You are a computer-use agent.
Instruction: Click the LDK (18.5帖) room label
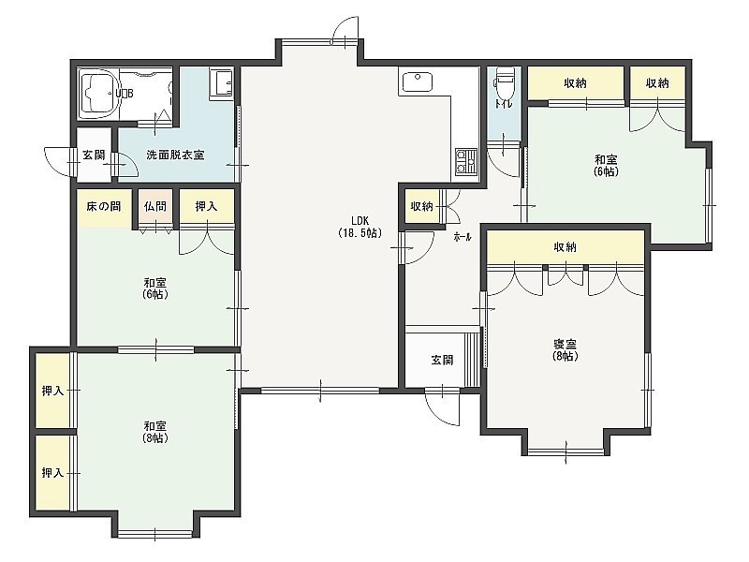[360, 227]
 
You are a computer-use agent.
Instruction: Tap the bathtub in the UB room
[99, 94]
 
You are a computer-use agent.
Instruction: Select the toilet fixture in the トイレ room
[504, 81]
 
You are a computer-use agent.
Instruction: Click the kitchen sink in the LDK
[418, 81]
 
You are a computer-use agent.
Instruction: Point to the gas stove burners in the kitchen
[465, 161]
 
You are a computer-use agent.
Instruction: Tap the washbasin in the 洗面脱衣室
[221, 84]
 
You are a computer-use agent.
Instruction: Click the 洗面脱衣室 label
[175, 155]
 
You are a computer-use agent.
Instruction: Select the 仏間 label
[155, 206]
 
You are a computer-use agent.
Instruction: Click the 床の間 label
[104, 206]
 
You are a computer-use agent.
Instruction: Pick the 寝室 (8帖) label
[565, 349]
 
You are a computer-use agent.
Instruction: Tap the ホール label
[463, 237]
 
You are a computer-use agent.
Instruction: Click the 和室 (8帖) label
[155, 432]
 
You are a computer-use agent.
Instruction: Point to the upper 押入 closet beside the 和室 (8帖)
[52, 391]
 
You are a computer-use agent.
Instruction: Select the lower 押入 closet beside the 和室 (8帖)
[52, 473]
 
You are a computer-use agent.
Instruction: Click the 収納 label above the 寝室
[565, 247]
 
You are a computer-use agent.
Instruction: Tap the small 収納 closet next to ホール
[422, 206]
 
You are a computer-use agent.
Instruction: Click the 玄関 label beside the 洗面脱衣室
[94, 155]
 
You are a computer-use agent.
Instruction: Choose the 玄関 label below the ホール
[442, 360]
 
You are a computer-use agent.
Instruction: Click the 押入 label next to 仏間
[206, 206]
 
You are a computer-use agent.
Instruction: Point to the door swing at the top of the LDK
[345, 30]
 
